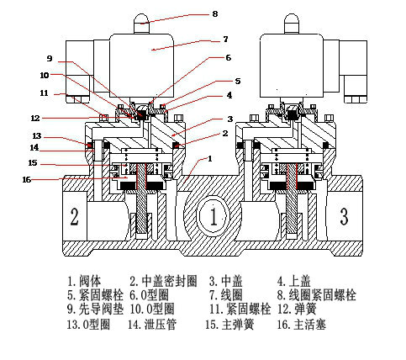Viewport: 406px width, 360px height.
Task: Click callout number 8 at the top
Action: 215,13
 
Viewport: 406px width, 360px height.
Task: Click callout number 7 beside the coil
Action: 225,39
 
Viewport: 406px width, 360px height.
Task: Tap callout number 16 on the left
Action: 27,179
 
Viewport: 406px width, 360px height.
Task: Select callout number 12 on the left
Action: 35,119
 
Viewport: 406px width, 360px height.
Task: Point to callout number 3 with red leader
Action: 230,119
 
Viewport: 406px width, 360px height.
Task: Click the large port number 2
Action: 74,216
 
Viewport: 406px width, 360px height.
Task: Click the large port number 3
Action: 344,216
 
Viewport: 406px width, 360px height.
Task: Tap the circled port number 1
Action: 214,216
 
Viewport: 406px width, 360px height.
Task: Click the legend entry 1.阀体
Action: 84,280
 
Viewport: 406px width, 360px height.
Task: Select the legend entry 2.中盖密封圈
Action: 163,281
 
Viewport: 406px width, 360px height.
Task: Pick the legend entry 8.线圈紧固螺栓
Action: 317,295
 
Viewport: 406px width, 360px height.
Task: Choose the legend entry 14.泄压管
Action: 152,325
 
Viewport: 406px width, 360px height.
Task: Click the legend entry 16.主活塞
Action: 302,325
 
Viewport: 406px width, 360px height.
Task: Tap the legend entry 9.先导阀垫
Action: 95,309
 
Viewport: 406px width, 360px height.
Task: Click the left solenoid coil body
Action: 141,66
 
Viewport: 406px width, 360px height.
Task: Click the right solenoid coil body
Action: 292,66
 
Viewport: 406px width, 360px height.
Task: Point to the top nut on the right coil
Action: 292,24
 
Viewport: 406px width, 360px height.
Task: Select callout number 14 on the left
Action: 34,147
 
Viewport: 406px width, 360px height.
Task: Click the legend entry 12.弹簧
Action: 297,309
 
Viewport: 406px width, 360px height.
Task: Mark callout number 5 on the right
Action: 238,81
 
